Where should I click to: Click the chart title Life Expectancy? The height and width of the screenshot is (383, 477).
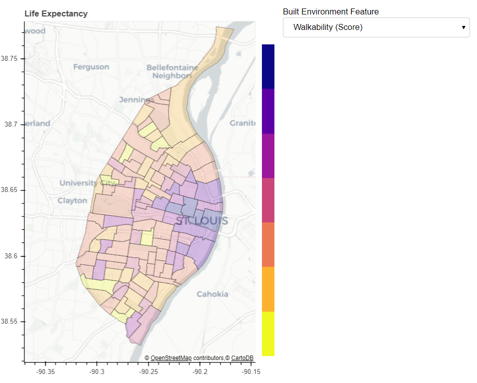[56, 14]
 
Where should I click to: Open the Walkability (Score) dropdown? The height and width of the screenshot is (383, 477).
[376, 27]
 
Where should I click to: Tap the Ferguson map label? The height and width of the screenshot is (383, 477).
[91, 67]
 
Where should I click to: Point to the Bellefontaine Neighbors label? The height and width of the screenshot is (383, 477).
[172, 71]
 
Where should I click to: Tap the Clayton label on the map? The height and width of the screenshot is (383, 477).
[72, 200]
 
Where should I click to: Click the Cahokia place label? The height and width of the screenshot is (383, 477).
[212, 294]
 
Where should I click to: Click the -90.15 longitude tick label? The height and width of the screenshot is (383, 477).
[250, 372]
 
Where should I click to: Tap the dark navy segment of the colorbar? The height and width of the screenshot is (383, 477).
[268, 66]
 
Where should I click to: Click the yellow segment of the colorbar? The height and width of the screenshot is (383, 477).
[268, 334]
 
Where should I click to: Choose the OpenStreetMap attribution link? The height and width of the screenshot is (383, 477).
[171, 358]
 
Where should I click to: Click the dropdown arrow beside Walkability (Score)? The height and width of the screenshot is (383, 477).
[463, 27]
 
